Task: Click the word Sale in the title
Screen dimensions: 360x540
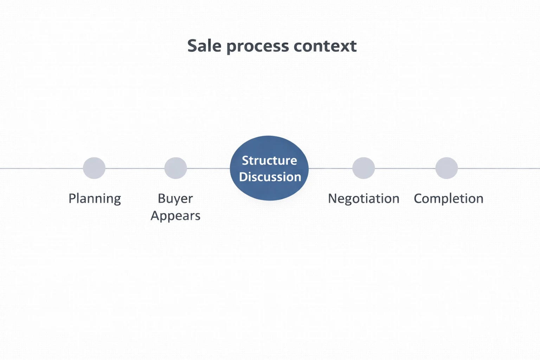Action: point(204,46)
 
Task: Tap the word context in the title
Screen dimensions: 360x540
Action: point(325,46)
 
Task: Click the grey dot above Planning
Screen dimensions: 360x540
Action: point(94,168)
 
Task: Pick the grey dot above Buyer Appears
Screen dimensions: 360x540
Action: point(176,168)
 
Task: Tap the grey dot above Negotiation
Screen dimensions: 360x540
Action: point(364,168)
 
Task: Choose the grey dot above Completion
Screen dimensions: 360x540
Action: point(446,168)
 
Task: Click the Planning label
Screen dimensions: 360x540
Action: point(95,199)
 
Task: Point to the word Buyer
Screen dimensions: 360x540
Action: point(175,199)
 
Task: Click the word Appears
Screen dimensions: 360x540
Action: point(175,216)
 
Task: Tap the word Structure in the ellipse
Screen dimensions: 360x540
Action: point(269,160)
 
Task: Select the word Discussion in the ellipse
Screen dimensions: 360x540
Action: point(270,177)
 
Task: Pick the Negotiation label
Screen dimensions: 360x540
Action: point(364,199)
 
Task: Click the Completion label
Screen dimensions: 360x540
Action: point(448,199)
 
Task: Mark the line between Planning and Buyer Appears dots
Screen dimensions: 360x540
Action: point(135,168)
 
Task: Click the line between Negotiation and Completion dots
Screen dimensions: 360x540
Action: point(405,168)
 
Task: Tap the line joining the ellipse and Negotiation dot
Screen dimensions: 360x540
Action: point(330,168)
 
